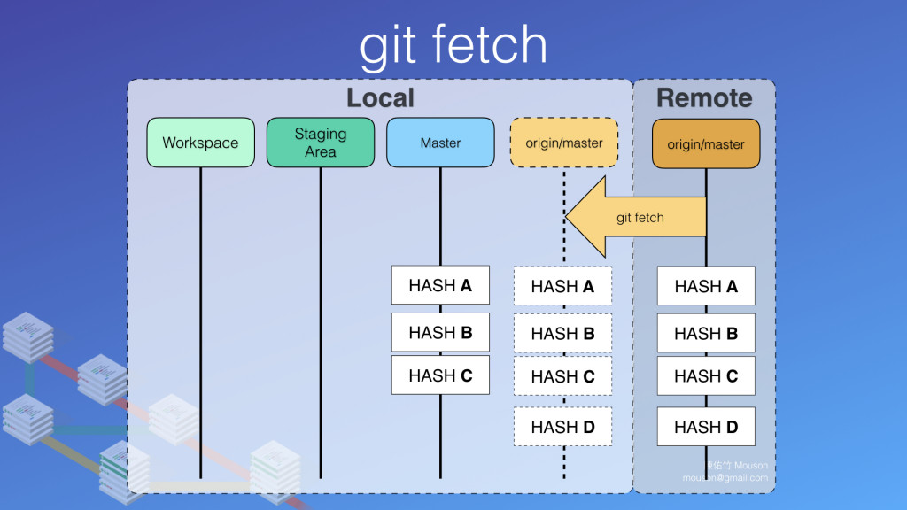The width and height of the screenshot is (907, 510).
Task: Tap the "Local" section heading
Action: pyautogui.click(x=380, y=97)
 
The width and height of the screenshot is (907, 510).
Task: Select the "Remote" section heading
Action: pyautogui.click(x=704, y=97)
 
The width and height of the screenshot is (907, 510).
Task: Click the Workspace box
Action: pyautogui.click(x=200, y=143)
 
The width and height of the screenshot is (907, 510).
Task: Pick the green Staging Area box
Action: pyautogui.click(x=321, y=143)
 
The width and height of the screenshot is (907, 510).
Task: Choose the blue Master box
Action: pyautogui.click(x=440, y=143)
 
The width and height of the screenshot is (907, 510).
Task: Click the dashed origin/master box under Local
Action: pyautogui.click(x=564, y=143)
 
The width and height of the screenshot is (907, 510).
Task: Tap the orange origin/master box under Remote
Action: pyautogui.click(x=706, y=143)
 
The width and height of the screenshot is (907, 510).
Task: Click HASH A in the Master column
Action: pyautogui.click(x=440, y=285)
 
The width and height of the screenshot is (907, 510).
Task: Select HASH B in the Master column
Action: pyautogui.click(x=440, y=332)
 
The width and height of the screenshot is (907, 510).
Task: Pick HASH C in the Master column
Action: pyautogui.click(x=440, y=375)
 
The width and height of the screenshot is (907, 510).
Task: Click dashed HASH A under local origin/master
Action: pyautogui.click(x=562, y=286)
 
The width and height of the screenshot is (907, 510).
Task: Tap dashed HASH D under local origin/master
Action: pyautogui.click(x=562, y=427)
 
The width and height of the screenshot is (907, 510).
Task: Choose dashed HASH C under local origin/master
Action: pyautogui.click(x=562, y=376)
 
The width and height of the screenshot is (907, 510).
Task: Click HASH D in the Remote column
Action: pyautogui.click(x=706, y=427)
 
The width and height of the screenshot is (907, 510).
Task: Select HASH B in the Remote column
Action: pyautogui.click(x=706, y=333)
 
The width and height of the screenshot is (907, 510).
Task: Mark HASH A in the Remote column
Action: pyautogui.click(x=706, y=286)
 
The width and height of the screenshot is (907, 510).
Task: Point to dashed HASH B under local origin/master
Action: pyautogui.click(x=562, y=334)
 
